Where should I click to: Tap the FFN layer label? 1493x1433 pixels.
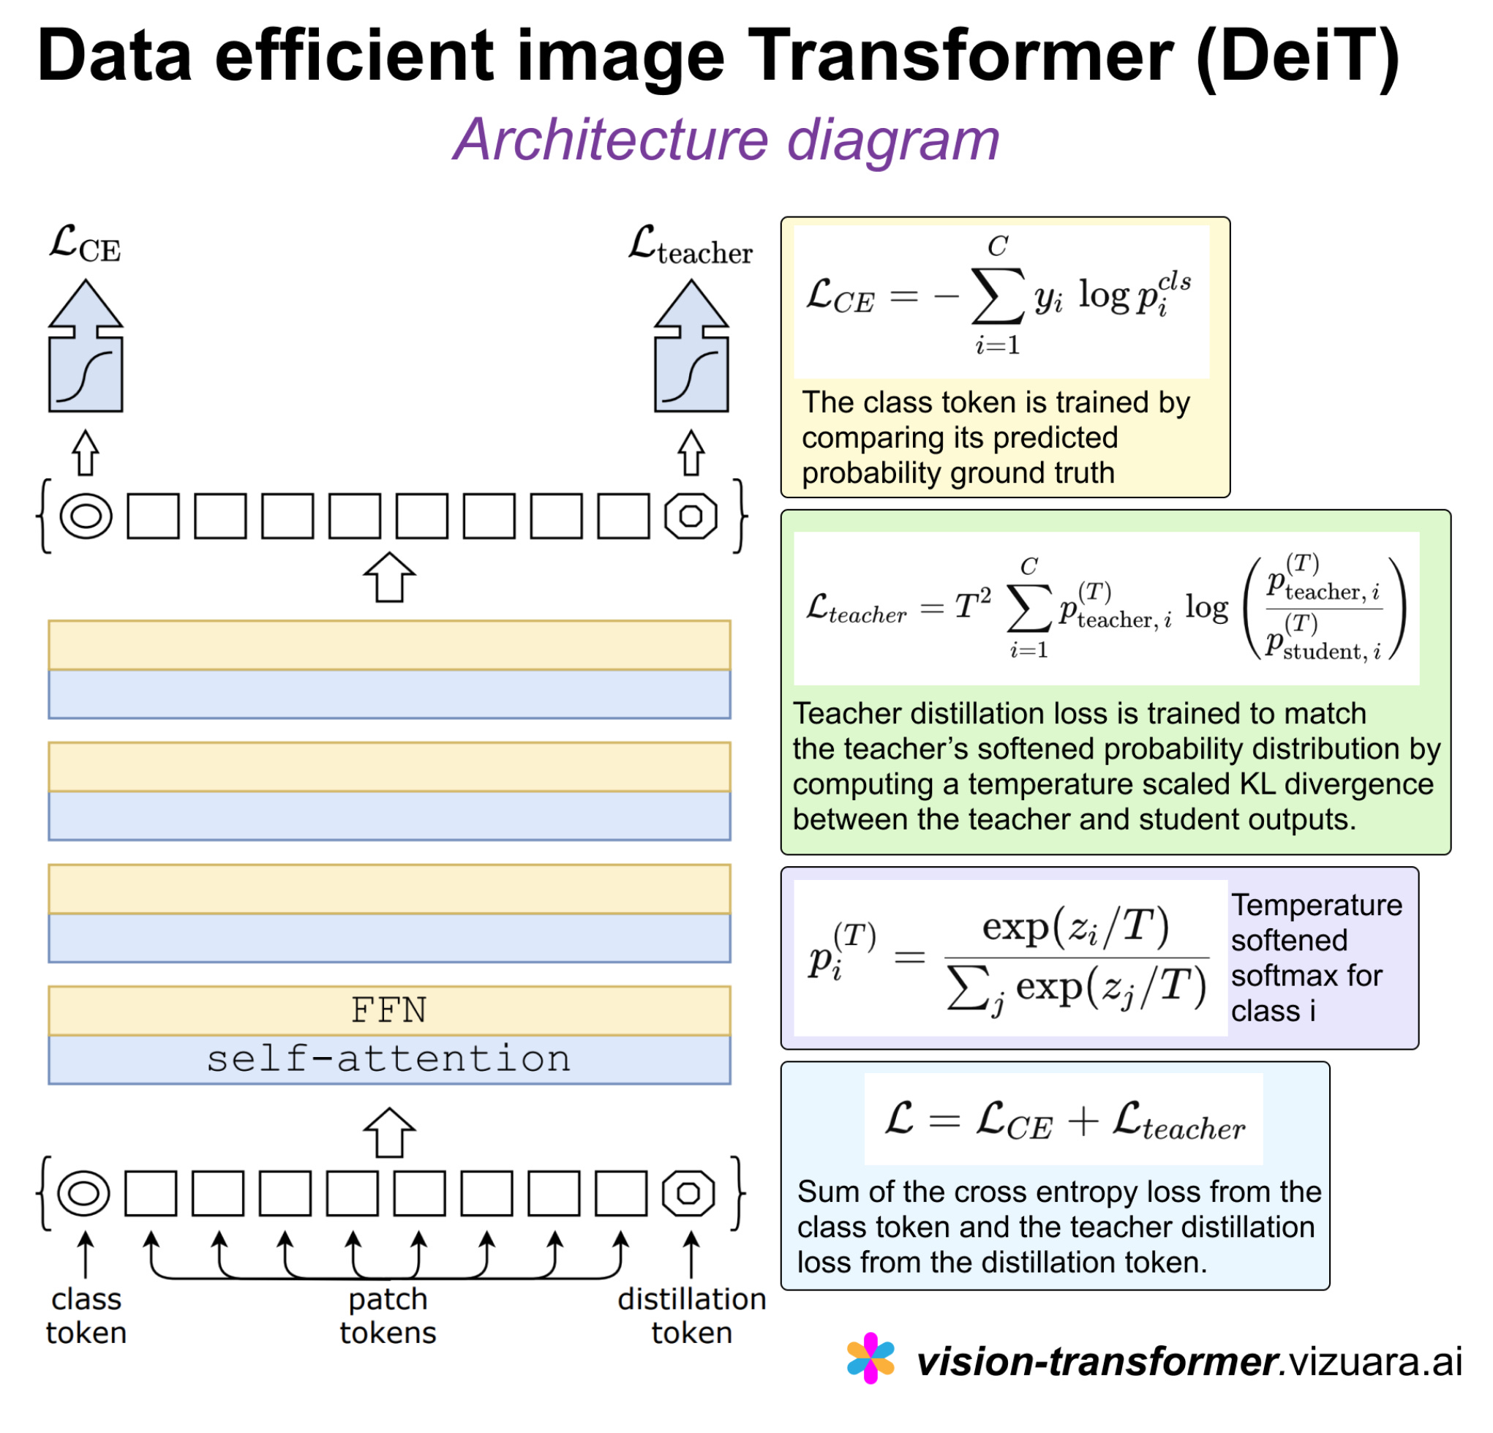point(388,1010)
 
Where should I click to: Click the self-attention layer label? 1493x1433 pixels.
point(388,1059)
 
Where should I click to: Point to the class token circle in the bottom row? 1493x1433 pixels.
point(84,1192)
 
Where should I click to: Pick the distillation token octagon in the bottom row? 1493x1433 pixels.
point(688,1192)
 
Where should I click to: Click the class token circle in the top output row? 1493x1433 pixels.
point(86,516)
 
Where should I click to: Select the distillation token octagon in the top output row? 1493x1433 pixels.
point(690,516)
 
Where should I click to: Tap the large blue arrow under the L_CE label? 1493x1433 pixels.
point(86,347)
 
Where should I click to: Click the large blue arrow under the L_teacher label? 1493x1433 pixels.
point(691,347)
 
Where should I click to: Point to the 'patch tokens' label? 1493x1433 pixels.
point(388,1316)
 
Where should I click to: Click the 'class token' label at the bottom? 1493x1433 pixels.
point(86,1316)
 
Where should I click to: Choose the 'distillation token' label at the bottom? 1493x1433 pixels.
point(692,1316)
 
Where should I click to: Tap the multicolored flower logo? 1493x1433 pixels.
point(870,1358)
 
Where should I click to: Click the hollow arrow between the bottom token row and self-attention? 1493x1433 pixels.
point(389,1132)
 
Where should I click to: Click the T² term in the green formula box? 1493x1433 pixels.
point(973,606)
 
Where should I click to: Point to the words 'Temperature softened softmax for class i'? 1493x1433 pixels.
point(1316,958)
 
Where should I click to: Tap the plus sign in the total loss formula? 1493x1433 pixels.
point(1083,1121)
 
